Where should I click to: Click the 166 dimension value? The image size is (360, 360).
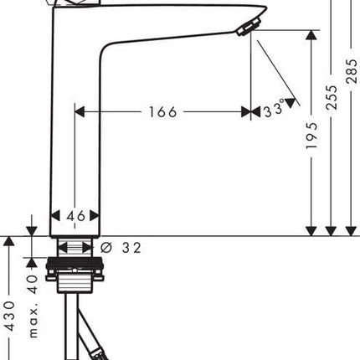pyautogui.click(x=163, y=112)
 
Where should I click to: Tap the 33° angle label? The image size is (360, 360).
pyautogui.click(x=275, y=109)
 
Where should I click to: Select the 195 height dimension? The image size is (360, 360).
pyautogui.click(x=311, y=136)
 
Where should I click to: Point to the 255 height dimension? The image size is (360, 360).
pyautogui.click(x=332, y=97)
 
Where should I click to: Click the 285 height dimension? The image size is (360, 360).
pyautogui.click(x=352, y=71)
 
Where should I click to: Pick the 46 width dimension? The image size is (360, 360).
pyautogui.click(x=75, y=216)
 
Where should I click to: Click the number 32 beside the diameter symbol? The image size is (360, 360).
pyautogui.click(x=131, y=248)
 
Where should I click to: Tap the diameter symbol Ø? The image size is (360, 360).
pyautogui.click(x=106, y=247)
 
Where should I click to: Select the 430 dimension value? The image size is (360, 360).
pyautogui.click(x=10, y=316)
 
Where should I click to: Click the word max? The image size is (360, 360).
pyautogui.click(x=33, y=323)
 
